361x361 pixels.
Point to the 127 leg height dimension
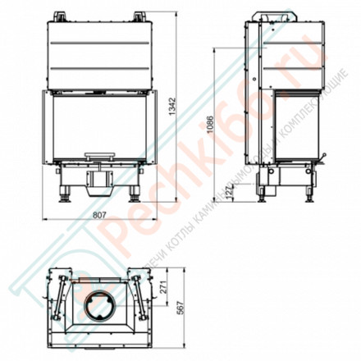pyautogui.click(x=230, y=191)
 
